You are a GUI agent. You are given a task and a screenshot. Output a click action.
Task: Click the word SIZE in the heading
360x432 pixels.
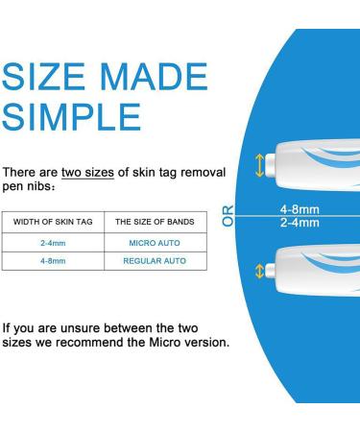click(x=47, y=78)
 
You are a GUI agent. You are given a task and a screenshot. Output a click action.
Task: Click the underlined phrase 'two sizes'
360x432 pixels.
click(x=87, y=172)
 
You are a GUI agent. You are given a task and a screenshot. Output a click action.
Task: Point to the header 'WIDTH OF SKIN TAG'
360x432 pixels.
click(x=53, y=222)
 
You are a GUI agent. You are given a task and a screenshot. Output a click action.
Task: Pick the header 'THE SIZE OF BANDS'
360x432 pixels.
click(x=155, y=222)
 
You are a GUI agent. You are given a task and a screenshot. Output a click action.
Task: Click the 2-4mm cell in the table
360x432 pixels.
click(x=53, y=244)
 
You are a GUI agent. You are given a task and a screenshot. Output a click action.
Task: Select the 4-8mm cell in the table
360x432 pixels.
click(x=53, y=260)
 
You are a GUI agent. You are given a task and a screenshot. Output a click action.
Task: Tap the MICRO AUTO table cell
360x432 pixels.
click(x=156, y=244)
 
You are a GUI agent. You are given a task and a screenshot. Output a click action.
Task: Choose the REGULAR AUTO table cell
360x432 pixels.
click(x=155, y=260)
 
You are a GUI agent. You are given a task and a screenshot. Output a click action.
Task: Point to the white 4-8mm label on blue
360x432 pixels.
click(x=300, y=209)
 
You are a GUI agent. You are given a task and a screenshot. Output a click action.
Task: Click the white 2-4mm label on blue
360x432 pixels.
click(x=300, y=223)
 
